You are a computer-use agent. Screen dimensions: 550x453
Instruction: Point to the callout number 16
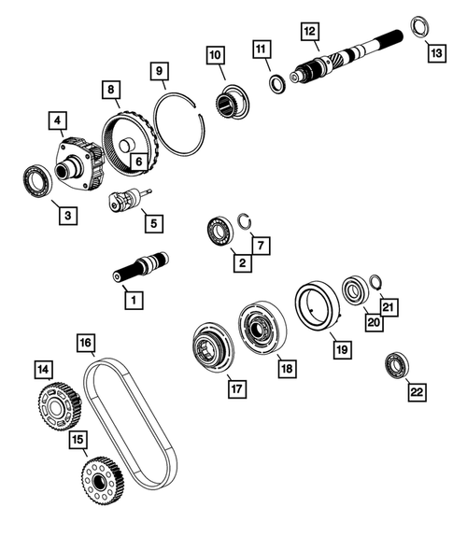pos(85,344)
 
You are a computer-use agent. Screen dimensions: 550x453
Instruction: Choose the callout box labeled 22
pos(414,391)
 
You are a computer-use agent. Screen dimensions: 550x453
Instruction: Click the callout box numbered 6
pos(137,162)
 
